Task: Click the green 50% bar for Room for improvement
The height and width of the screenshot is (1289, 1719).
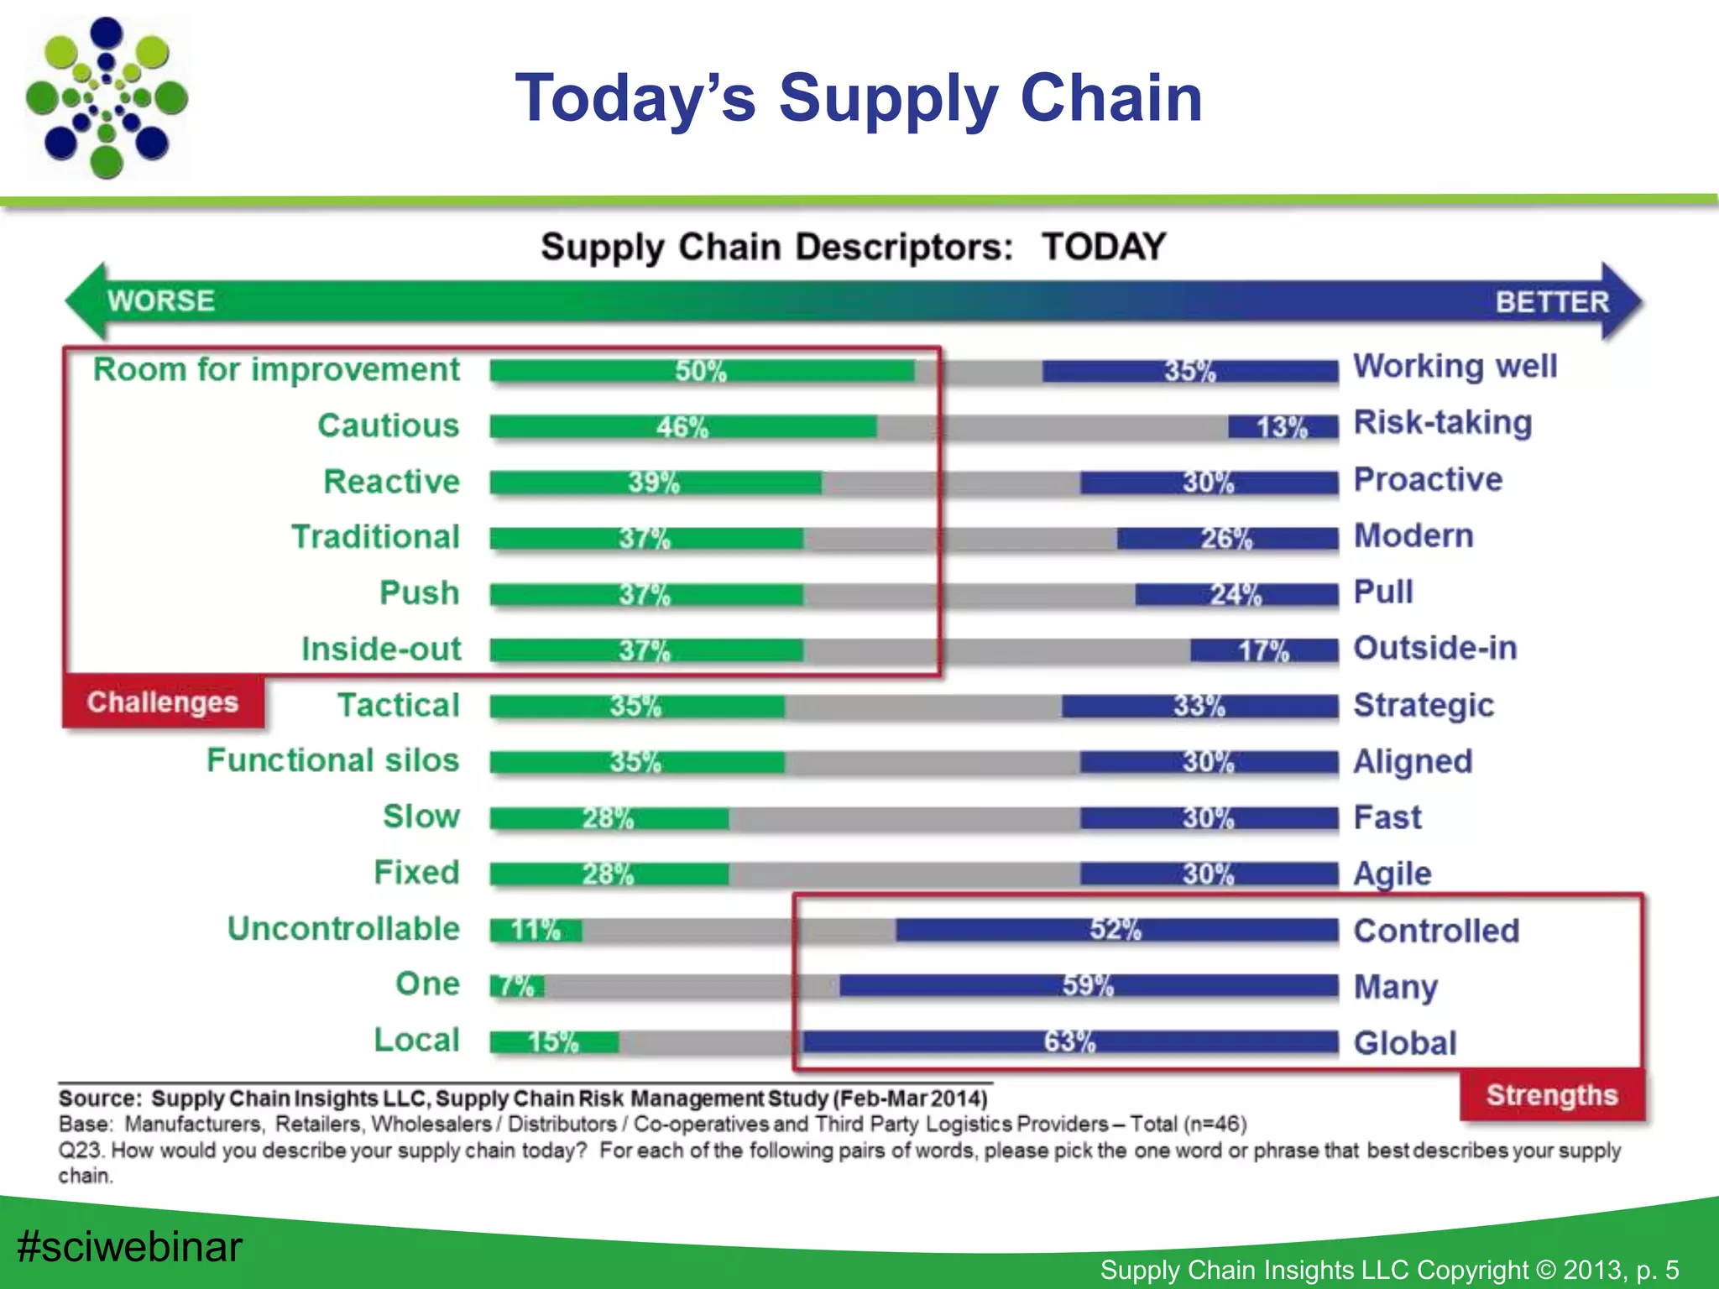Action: click(x=702, y=371)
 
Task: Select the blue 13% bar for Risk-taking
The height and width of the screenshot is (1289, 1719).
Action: click(x=1283, y=427)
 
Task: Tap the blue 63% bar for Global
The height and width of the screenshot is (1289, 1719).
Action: click(x=1069, y=1042)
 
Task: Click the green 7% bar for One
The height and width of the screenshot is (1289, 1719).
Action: click(x=516, y=986)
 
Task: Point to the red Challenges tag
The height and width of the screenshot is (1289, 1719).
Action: click(x=163, y=702)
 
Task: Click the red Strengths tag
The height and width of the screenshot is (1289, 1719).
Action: click(x=1551, y=1095)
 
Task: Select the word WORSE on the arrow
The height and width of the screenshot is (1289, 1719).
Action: click(x=161, y=300)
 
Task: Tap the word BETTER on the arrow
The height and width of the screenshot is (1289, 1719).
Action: click(x=1552, y=302)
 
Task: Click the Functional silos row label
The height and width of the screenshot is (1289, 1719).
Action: click(x=333, y=760)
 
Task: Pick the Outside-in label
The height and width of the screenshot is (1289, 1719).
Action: click(x=1435, y=648)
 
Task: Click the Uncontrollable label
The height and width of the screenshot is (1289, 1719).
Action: click(x=344, y=929)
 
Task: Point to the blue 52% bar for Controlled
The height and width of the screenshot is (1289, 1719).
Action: click(x=1116, y=930)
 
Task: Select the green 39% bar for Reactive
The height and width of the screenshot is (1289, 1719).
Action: click(x=655, y=483)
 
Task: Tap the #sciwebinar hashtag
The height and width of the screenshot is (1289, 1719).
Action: click(x=129, y=1246)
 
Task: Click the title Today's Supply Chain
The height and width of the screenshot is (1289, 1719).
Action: click(x=859, y=97)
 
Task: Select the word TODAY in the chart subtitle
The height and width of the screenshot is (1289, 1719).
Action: click(x=1104, y=247)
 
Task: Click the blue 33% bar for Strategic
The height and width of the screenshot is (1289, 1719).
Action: click(x=1199, y=706)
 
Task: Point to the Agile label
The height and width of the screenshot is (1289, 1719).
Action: click(x=1392, y=874)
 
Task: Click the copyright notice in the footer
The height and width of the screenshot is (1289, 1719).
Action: click(x=1389, y=1270)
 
